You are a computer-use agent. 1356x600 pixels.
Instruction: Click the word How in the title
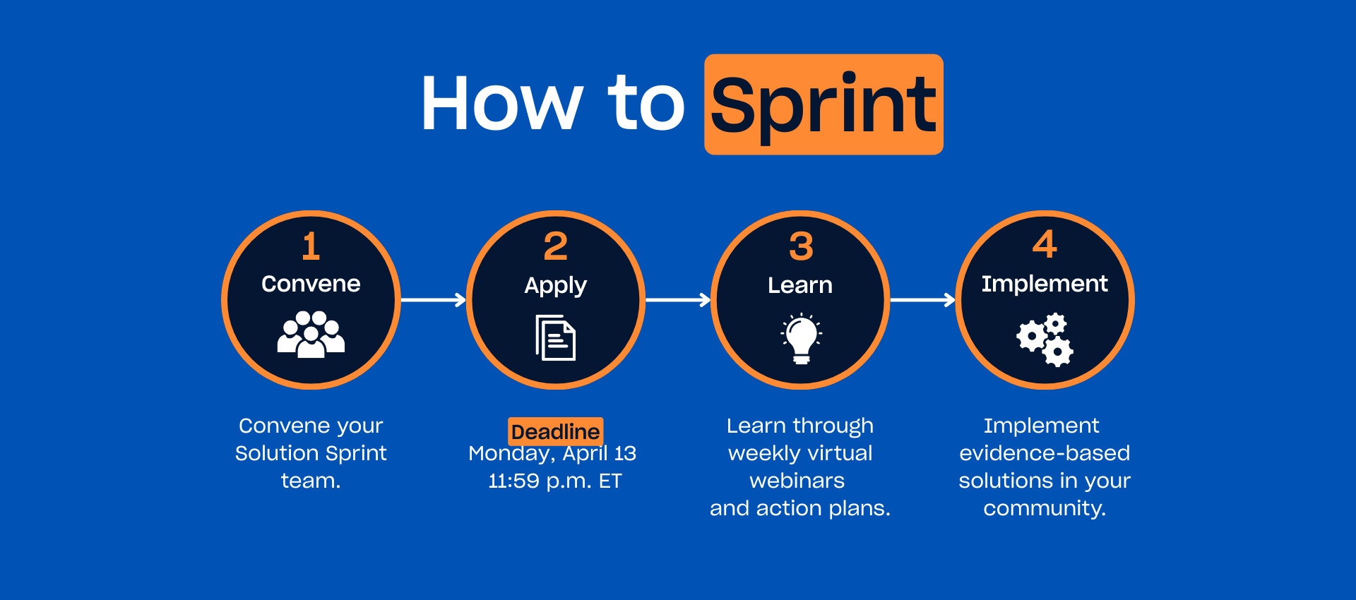502,104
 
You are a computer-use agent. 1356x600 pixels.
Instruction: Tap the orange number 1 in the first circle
311,246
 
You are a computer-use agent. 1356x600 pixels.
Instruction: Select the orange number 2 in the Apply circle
555,246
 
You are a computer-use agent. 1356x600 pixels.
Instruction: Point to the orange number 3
801,246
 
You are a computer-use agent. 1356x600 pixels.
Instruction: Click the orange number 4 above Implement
1045,244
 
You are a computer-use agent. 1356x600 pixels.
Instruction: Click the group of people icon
311,335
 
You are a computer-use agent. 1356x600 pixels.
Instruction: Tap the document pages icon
555,337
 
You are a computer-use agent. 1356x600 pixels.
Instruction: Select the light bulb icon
801,339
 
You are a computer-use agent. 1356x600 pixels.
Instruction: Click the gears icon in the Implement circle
1045,340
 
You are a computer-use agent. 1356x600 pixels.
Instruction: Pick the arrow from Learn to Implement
922,300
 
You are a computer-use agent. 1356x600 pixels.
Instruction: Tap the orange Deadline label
555,431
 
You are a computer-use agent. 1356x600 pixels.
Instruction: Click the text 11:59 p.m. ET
555,481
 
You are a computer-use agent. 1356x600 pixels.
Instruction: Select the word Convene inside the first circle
311,284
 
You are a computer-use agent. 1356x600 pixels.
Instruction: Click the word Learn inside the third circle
800,285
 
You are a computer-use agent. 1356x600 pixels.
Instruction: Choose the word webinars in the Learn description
797,481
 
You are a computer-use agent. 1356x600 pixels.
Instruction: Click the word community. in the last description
1045,508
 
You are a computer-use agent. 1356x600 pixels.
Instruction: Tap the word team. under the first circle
311,481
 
